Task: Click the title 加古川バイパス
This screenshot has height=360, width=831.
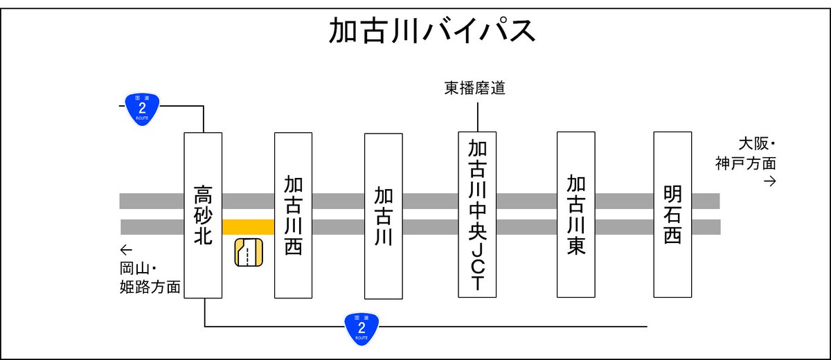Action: pyautogui.click(x=431, y=30)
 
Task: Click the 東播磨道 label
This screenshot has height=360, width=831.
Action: pyautogui.click(x=474, y=89)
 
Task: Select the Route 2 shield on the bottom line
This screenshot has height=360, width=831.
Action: pyautogui.click(x=361, y=326)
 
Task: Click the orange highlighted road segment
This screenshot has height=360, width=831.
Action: pyautogui.click(x=248, y=227)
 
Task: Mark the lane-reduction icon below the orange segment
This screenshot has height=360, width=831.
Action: pyautogui.click(x=249, y=252)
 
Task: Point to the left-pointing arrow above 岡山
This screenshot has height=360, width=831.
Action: pyautogui.click(x=125, y=249)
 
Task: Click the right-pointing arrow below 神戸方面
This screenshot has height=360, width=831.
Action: pyautogui.click(x=769, y=181)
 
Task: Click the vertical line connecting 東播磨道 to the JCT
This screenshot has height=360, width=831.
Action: pyautogui.click(x=477, y=115)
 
